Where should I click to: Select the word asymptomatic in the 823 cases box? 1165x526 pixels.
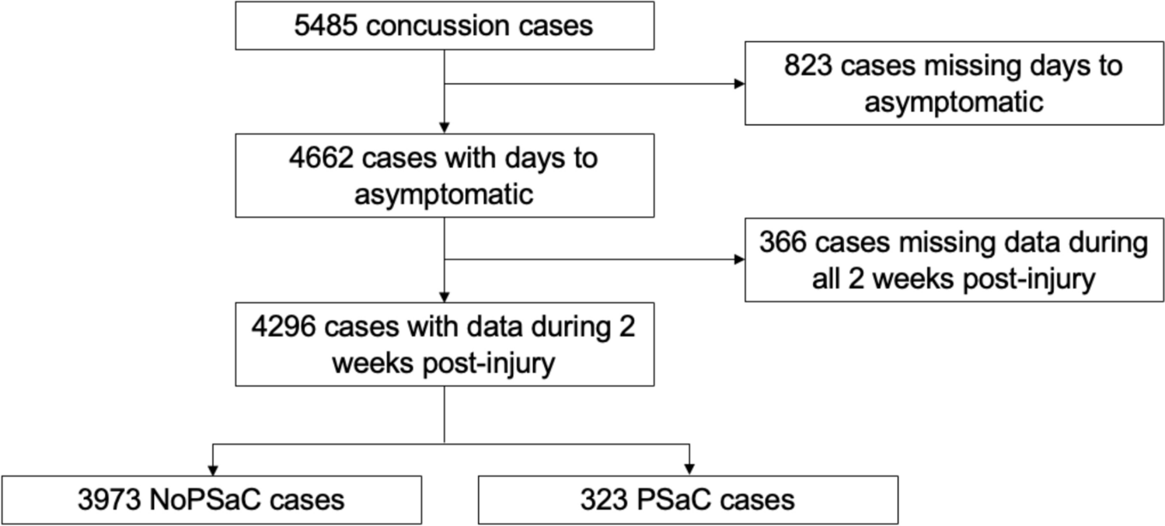pyautogui.click(x=954, y=102)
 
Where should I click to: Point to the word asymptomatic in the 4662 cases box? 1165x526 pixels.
pyautogui.click(x=444, y=194)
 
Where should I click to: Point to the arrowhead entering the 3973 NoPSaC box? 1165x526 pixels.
pyautogui.click(x=211, y=469)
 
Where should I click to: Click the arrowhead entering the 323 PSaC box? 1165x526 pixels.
pyautogui.click(x=688, y=469)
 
